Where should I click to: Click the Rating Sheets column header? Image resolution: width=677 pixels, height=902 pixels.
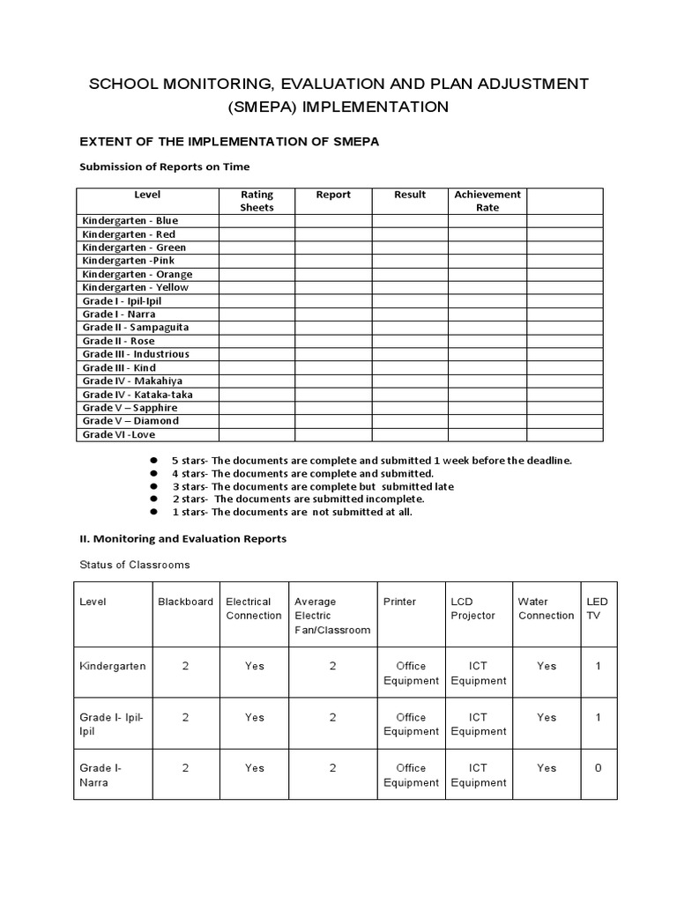click(257, 201)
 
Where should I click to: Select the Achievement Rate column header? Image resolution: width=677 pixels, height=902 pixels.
click(487, 201)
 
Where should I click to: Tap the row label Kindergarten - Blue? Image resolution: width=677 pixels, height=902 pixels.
click(130, 221)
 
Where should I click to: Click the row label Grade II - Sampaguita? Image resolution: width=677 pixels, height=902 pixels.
click(135, 328)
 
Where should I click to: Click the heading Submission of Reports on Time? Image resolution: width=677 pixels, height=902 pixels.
click(165, 166)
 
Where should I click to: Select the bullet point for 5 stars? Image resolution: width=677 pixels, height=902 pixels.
click(153, 461)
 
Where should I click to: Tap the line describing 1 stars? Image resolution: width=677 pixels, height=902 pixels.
click(291, 512)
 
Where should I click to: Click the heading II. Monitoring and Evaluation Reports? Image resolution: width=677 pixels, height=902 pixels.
click(182, 538)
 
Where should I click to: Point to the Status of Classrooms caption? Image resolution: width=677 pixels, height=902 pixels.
click(134, 565)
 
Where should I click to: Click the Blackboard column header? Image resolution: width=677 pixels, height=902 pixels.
click(185, 602)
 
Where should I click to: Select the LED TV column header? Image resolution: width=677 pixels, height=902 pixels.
click(597, 609)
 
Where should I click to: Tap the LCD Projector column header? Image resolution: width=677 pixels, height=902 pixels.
click(472, 609)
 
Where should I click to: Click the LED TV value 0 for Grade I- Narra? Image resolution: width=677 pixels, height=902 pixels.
click(598, 768)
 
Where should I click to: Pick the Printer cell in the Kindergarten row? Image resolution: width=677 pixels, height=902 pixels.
click(411, 673)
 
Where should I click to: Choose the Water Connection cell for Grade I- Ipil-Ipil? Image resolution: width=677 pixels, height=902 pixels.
click(547, 718)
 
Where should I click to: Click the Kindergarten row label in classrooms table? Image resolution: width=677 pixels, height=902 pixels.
click(113, 667)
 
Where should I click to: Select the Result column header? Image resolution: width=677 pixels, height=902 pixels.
click(410, 195)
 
